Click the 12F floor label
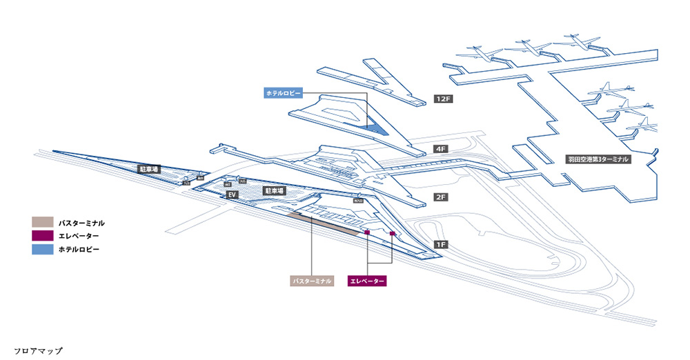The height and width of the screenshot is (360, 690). [442, 99]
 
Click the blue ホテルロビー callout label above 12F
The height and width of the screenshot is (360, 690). [283, 93]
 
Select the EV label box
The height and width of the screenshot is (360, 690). [233, 195]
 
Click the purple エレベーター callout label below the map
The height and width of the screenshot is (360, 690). [367, 281]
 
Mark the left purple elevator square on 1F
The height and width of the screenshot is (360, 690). [367, 233]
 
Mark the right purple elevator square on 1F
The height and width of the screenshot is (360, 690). [392, 234]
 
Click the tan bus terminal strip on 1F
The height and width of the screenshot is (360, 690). [324, 225]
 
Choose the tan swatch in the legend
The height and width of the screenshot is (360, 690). [43, 223]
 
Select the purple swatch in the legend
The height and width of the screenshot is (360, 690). [43, 236]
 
